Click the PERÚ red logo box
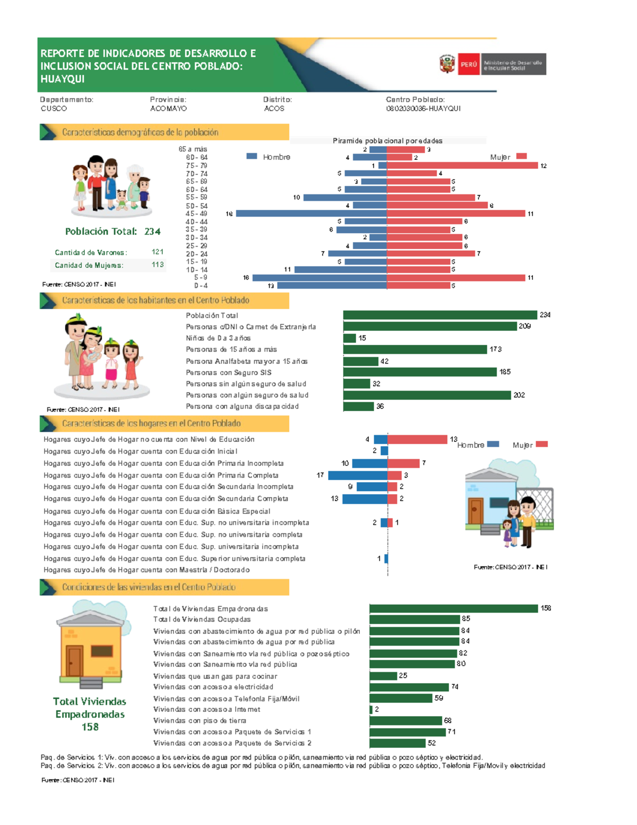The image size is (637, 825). (469, 64)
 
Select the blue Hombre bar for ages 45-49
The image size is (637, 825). (311, 214)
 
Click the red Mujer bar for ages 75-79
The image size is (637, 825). (462, 166)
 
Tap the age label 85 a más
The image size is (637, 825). (193, 149)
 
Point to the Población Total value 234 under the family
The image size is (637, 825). (152, 232)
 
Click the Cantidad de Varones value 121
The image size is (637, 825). (157, 252)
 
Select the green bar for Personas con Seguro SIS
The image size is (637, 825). (420, 372)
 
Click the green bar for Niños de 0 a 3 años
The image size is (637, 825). (349, 338)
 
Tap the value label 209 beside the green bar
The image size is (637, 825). (524, 326)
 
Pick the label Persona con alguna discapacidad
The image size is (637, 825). (242, 406)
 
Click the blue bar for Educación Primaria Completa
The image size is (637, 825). (357, 475)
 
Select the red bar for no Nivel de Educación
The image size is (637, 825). (417, 439)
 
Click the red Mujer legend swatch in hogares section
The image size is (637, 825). (541, 445)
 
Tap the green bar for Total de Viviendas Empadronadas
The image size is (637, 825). (453, 608)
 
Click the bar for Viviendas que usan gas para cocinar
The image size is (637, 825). (383, 676)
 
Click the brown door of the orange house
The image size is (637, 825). (74, 661)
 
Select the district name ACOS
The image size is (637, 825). (274, 108)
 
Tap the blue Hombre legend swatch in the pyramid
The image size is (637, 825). (252, 156)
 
